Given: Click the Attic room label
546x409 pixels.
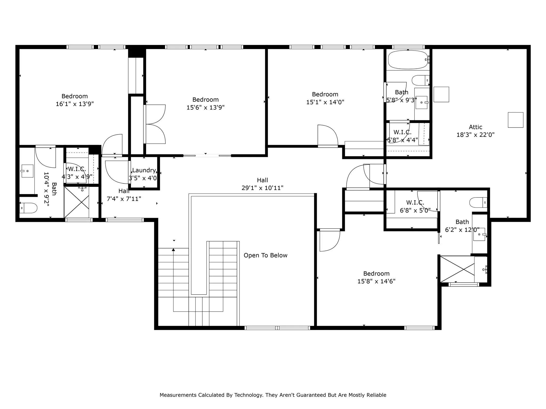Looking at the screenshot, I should pyautogui.click(x=475, y=127).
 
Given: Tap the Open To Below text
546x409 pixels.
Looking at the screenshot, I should pyautogui.click(x=265, y=255).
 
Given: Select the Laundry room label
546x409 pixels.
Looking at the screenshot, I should pyautogui.click(x=144, y=170).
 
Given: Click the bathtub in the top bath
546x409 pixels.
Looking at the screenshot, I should pyautogui.click(x=407, y=60).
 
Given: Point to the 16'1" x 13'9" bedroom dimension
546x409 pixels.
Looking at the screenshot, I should pyautogui.click(x=75, y=104).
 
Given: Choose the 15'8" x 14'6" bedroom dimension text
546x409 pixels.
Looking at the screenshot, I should pyautogui.click(x=376, y=281).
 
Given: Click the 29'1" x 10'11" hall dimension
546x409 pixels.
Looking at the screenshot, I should pyautogui.click(x=262, y=188).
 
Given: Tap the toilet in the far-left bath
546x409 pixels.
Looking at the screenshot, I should pyautogui.click(x=29, y=208).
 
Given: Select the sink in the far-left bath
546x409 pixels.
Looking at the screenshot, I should pyautogui.click(x=27, y=171).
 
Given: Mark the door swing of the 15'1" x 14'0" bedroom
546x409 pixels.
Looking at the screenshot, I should pyautogui.click(x=327, y=135).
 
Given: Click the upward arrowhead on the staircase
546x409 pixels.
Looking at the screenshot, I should pyautogui.click(x=173, y=250).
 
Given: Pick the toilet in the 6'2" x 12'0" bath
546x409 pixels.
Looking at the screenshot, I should pyautogui.click(x=478, y=202).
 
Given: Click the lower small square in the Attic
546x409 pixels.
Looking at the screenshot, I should pyautogui.click(x=515, y=120).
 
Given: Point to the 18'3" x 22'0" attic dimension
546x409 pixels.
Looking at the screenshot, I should pyautogui.click(x=475, y=135).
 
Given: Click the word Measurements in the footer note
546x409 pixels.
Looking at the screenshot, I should pyautogui.click(x=178, y=395).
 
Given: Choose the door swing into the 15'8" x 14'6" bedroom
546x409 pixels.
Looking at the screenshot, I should pyautogui.click(x=330, y=240).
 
